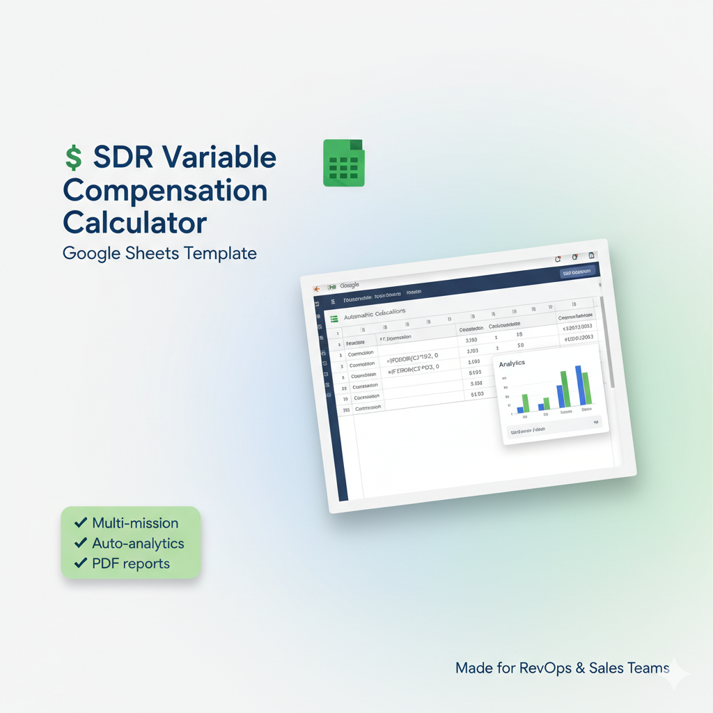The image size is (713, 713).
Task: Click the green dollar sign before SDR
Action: [x=73, y=158]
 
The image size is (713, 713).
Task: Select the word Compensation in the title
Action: [x=165, y=191]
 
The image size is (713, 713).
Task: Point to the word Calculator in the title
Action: [x=134, y=223]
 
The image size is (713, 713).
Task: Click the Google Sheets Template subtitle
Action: [x=159, y=253]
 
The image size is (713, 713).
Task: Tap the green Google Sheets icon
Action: [x=343, y=163]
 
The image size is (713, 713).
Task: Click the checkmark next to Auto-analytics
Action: [x=81, y=543]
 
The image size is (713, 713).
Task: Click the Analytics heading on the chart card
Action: [x=512, y=363]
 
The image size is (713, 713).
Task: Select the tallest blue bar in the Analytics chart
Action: [x=579, y=384]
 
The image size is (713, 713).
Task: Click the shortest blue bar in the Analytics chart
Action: [x=519, y=409]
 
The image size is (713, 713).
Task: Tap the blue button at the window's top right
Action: [x=577, y=272]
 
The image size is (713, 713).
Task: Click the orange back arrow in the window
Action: [x=315, y=288]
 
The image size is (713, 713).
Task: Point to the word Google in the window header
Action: [x=349, y=285]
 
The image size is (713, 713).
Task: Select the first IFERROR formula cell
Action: [x=414, y=358]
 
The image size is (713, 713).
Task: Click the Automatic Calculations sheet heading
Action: [x=375, y=314]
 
